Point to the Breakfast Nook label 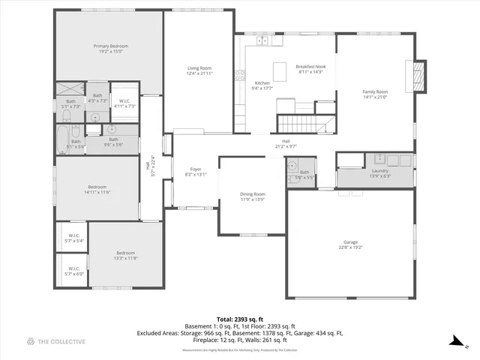pos(309,66)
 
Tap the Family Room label pos(374,91)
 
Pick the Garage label pos(350,242)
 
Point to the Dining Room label pos(252,193)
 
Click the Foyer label pos(195,169)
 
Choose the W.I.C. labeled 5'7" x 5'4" pos(74,238)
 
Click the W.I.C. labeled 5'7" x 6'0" pos(74,271)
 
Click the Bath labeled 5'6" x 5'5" pos(304,174)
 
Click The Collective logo pos(56,341)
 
